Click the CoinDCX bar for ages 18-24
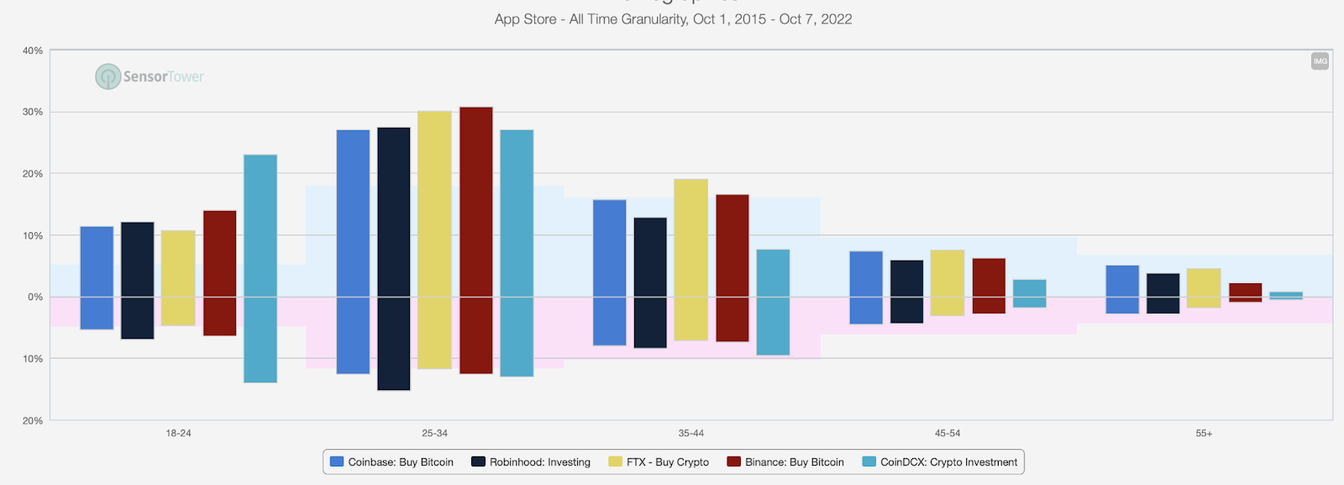point(260,268)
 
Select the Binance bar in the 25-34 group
point(476,240)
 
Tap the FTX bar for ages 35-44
point(690,260)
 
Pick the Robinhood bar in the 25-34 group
point(394,259)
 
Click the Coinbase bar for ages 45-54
point(866,287)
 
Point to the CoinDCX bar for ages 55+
point(1286,295)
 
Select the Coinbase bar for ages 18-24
point(97,277)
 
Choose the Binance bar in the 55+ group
point(1245,292)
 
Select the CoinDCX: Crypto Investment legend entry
point(940,462)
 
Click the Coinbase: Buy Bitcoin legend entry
point(392,462)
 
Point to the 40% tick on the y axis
point(33,50)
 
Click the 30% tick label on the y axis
point(33,112)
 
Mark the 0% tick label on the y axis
point(35,297)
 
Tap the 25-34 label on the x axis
point(434,434)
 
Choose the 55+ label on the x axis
point(1204,434)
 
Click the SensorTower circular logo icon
point(108,76)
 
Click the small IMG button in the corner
point(1320,61)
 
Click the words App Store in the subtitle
point(525,19)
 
